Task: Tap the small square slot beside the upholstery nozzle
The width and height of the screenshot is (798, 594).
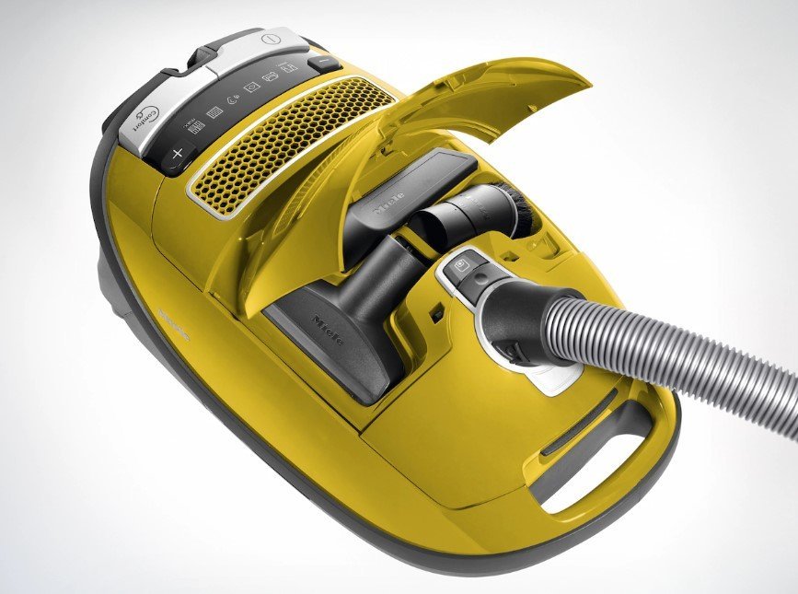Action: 435,314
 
